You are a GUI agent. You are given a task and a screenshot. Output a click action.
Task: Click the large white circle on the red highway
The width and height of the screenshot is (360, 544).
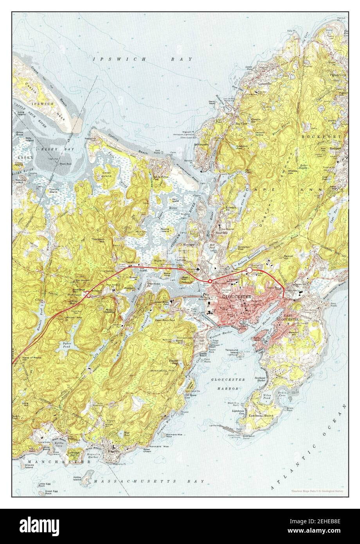coord(249,270)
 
